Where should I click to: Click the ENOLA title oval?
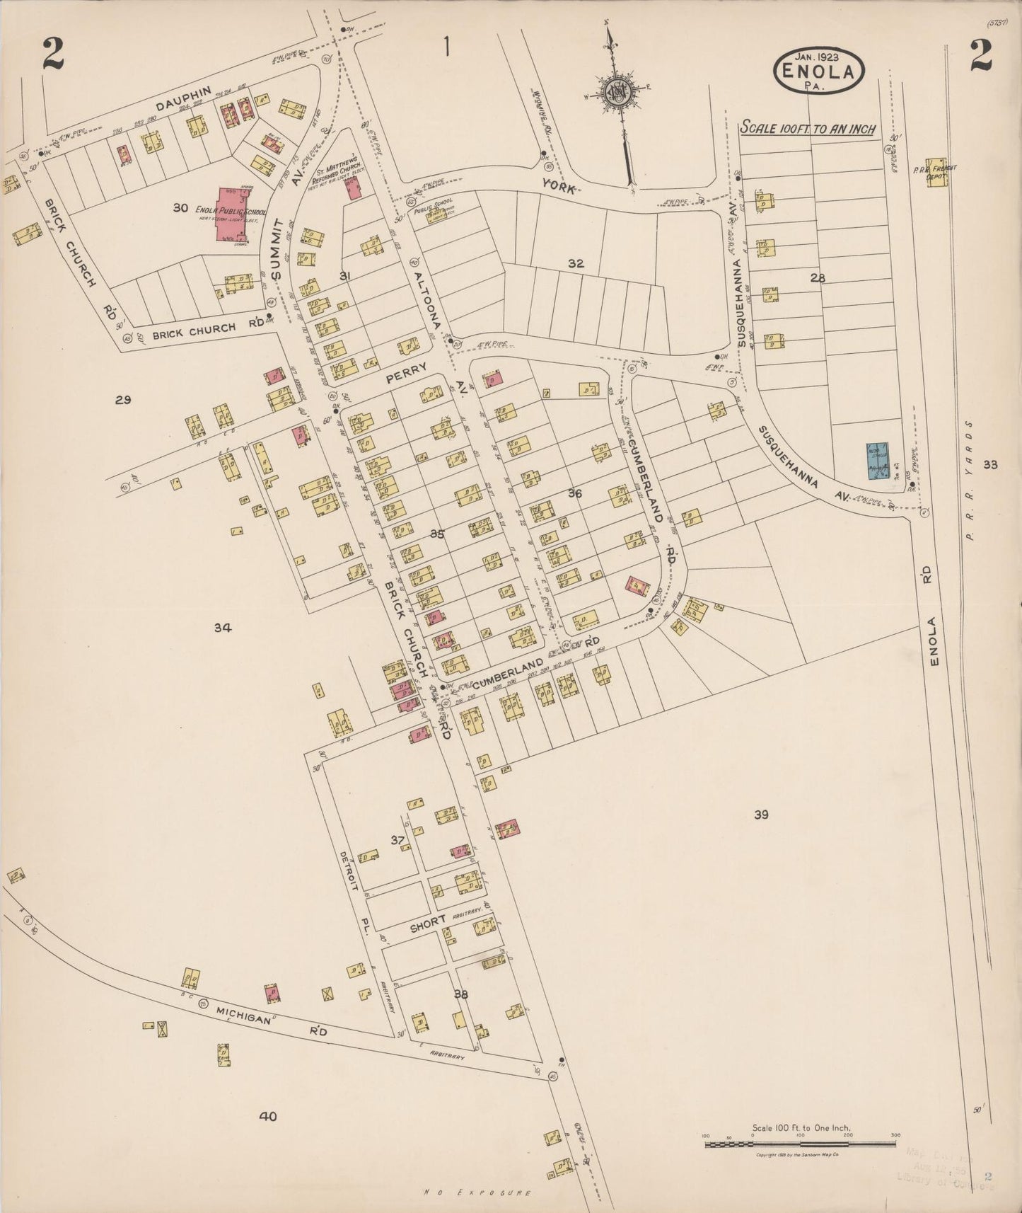pyautogui.click(x=820, y=70)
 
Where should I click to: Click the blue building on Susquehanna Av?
pyautogui.click(x=878, y=461)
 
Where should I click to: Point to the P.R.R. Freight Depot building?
pyautogui.click(x=937, y=172)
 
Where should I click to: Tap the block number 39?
pyautogui.click(x=761, y=815)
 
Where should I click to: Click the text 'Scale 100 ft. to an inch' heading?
pyautogui.click(x=808, y=129)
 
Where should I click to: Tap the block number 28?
pyautogui.click(x=818, y=278)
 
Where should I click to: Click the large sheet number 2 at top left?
pyautogui.click(x=53, y=55)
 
